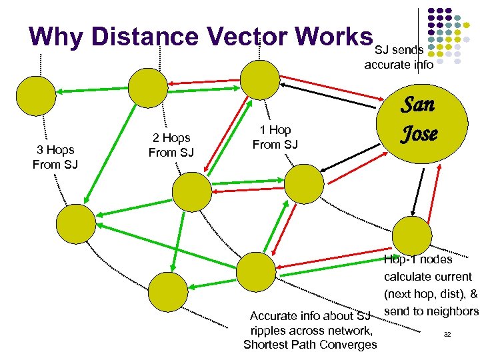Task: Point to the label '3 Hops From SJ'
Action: tap(55, 157)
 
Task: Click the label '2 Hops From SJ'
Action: tap(171, 145)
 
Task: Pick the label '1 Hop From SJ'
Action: tap(275, 137)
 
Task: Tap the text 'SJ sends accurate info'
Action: tap(399, 57)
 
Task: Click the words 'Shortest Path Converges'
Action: tap(310, 345)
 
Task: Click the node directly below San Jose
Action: tap(412, 234)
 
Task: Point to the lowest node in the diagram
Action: tap(167, 291)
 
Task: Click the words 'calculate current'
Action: tap(427, 277)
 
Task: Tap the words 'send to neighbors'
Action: tap(431, 311)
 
